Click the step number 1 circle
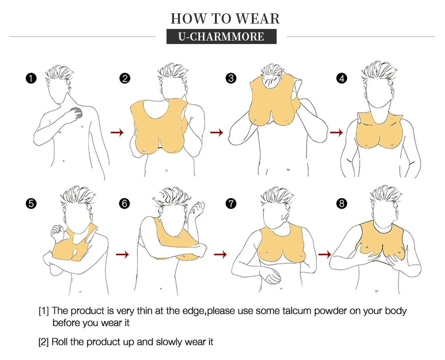(31, 78)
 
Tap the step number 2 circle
(125, 78)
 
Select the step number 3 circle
(231, 78)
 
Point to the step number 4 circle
(342, 78)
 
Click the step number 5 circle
(31, 203)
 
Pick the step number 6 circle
(125, 203)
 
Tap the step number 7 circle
(231, 203)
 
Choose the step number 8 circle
(342, 203)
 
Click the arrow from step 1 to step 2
(117, 132)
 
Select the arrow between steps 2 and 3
(217, 132)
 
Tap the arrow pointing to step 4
(336, 132)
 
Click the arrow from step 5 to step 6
(123, 254)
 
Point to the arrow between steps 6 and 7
(220, 254)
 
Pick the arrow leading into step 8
(325, 254)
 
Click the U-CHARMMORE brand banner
(221, 36)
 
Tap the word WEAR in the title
(258, 19)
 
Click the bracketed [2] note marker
(44, 342)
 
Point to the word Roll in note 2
(60, 342)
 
